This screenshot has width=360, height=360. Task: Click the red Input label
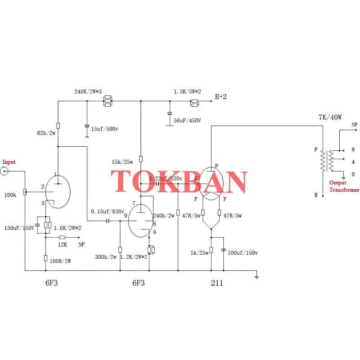[9, 162]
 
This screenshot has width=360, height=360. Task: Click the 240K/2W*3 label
[88, 92]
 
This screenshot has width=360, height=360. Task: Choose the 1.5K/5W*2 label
[188, 92]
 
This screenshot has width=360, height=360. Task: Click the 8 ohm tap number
[353, 149]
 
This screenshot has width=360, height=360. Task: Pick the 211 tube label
[216, 283]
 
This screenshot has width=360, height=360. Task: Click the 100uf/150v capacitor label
[243, 253]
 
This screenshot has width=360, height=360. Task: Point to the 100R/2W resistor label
[61, 261]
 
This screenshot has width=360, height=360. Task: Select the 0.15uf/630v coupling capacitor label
[108, 211]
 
